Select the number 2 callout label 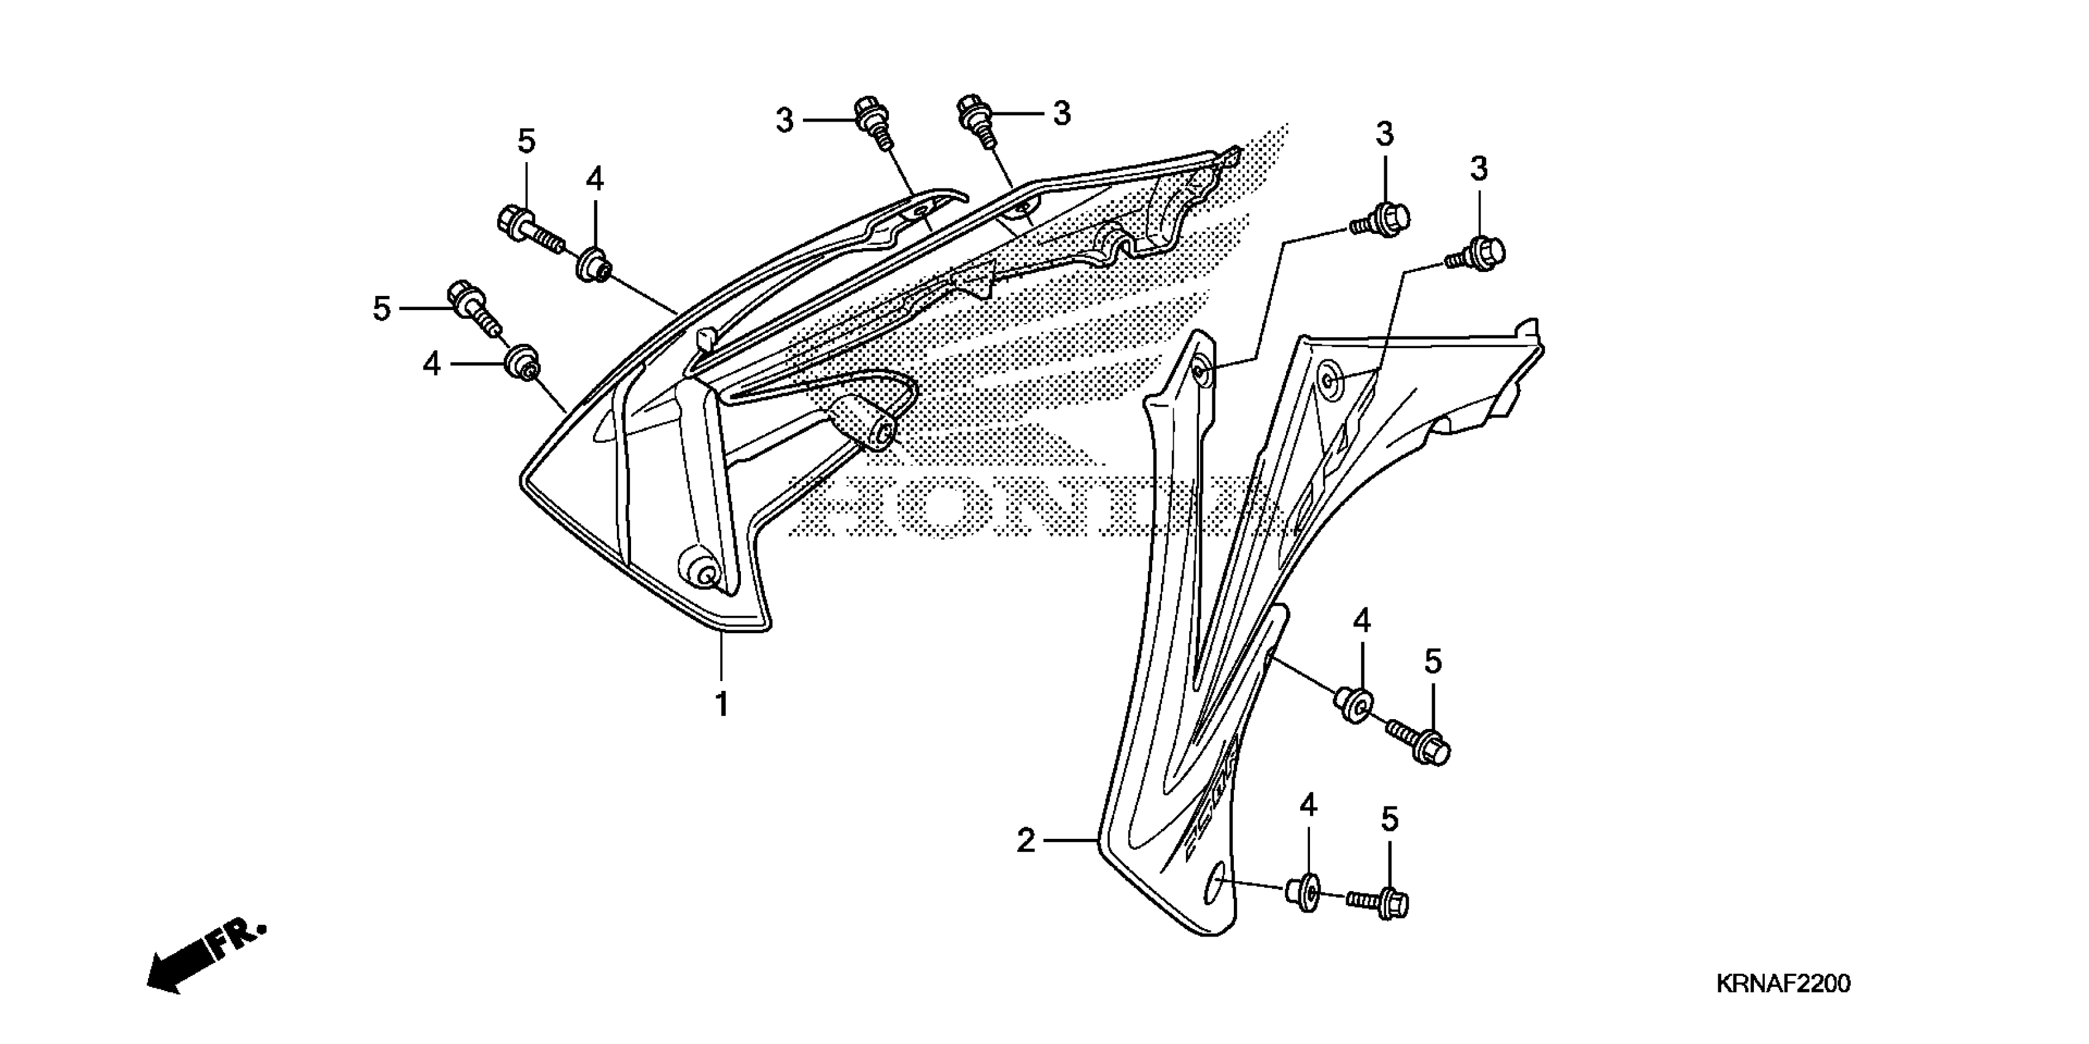tap(1026, 841)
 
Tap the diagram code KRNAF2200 tap(1783, 984)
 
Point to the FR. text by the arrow tap(238, 941)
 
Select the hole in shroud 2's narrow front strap tap(1200, 372)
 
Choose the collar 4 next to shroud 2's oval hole tap(1304, 892)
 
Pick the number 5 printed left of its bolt tap(381, 309)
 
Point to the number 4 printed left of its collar tap(432, 364)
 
